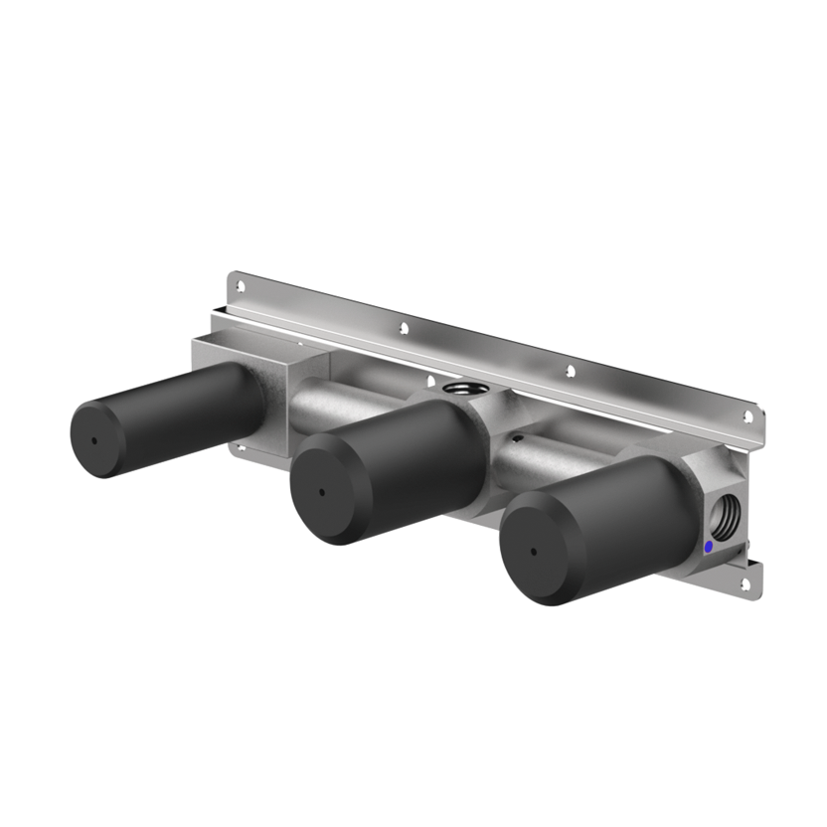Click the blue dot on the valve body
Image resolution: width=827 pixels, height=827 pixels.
pos(708,546)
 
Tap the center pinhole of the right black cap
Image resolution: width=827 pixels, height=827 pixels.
pos(535,551)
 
